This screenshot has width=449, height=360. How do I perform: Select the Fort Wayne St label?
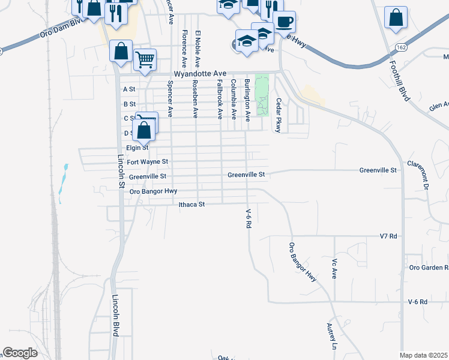(x=148, y=161)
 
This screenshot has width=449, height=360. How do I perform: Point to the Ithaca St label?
(x=192, y=205)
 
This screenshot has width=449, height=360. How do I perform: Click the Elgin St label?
(x=137, y=148)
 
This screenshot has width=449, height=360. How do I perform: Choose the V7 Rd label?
(x=389, y=236)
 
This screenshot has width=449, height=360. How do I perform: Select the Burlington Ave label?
(x=247, y=99)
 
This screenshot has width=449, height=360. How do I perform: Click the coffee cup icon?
(x=283, y=22)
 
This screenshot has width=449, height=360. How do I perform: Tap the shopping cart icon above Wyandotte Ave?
(x=145, y=59)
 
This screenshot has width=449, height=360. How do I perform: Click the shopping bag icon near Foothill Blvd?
(x=396, y=18)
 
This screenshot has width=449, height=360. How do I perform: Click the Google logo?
(x=20, y=353)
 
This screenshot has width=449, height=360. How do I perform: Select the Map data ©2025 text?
(x=424, y=355)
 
